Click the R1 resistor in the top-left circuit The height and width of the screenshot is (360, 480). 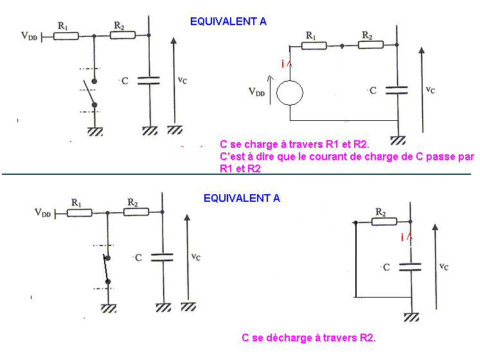[66, 37]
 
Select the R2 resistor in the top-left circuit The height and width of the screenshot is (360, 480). [123, 36]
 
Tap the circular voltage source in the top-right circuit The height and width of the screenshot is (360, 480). [290, 93]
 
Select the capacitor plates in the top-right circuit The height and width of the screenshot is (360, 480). [398, 90]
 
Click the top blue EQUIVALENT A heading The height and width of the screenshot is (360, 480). [228, 21]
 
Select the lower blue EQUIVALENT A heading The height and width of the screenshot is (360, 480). [242, 198]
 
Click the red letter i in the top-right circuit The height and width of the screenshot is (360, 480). [282, 64]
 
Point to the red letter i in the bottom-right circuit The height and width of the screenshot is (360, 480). [402, 238]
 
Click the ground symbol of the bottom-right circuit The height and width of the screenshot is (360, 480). [412, 317]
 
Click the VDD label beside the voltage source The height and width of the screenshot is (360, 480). [256, 92]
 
